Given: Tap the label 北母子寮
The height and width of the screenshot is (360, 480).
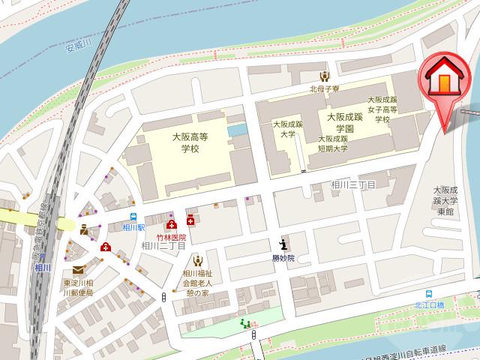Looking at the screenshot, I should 323,88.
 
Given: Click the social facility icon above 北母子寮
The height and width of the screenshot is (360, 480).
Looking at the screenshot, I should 323,76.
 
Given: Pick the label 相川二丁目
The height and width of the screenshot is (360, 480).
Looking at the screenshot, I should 169,246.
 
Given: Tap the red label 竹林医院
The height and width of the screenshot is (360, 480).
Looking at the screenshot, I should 171,236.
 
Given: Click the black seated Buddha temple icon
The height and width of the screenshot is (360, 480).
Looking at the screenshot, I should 283,244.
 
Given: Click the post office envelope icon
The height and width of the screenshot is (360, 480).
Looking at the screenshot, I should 78,271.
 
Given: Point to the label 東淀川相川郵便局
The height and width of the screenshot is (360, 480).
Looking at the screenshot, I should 78,287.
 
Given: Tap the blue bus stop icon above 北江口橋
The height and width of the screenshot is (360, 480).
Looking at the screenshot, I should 430,295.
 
